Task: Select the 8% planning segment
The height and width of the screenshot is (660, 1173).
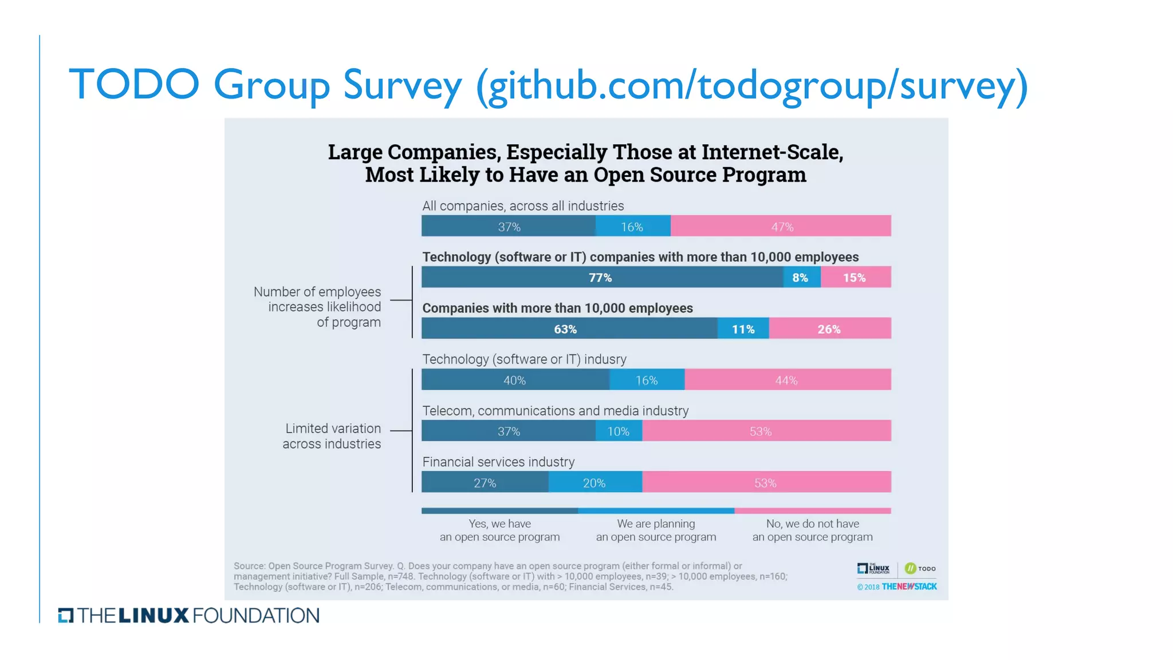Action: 801,278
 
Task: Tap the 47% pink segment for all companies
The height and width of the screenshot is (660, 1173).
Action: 781,227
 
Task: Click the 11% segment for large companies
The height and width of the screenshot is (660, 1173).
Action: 743,329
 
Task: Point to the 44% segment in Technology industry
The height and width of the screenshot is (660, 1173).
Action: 787,380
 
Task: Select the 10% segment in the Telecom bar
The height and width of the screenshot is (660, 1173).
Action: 619,432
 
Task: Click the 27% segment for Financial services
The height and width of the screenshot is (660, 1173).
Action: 485,483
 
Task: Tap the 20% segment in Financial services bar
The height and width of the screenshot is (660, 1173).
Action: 595,483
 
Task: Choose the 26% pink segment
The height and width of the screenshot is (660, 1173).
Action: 829,329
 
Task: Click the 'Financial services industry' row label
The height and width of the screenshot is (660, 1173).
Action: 498,462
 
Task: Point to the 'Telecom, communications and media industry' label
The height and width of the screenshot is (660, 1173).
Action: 555,411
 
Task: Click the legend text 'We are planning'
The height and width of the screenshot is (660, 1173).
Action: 656,524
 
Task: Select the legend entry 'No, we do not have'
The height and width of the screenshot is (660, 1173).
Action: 812,524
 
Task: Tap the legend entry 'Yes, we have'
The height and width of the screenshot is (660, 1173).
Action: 499,524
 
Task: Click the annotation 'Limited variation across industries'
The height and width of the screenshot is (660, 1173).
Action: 332,436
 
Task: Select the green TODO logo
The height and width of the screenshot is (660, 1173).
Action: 920,568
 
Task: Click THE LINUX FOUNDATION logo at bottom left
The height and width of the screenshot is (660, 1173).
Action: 189,616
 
